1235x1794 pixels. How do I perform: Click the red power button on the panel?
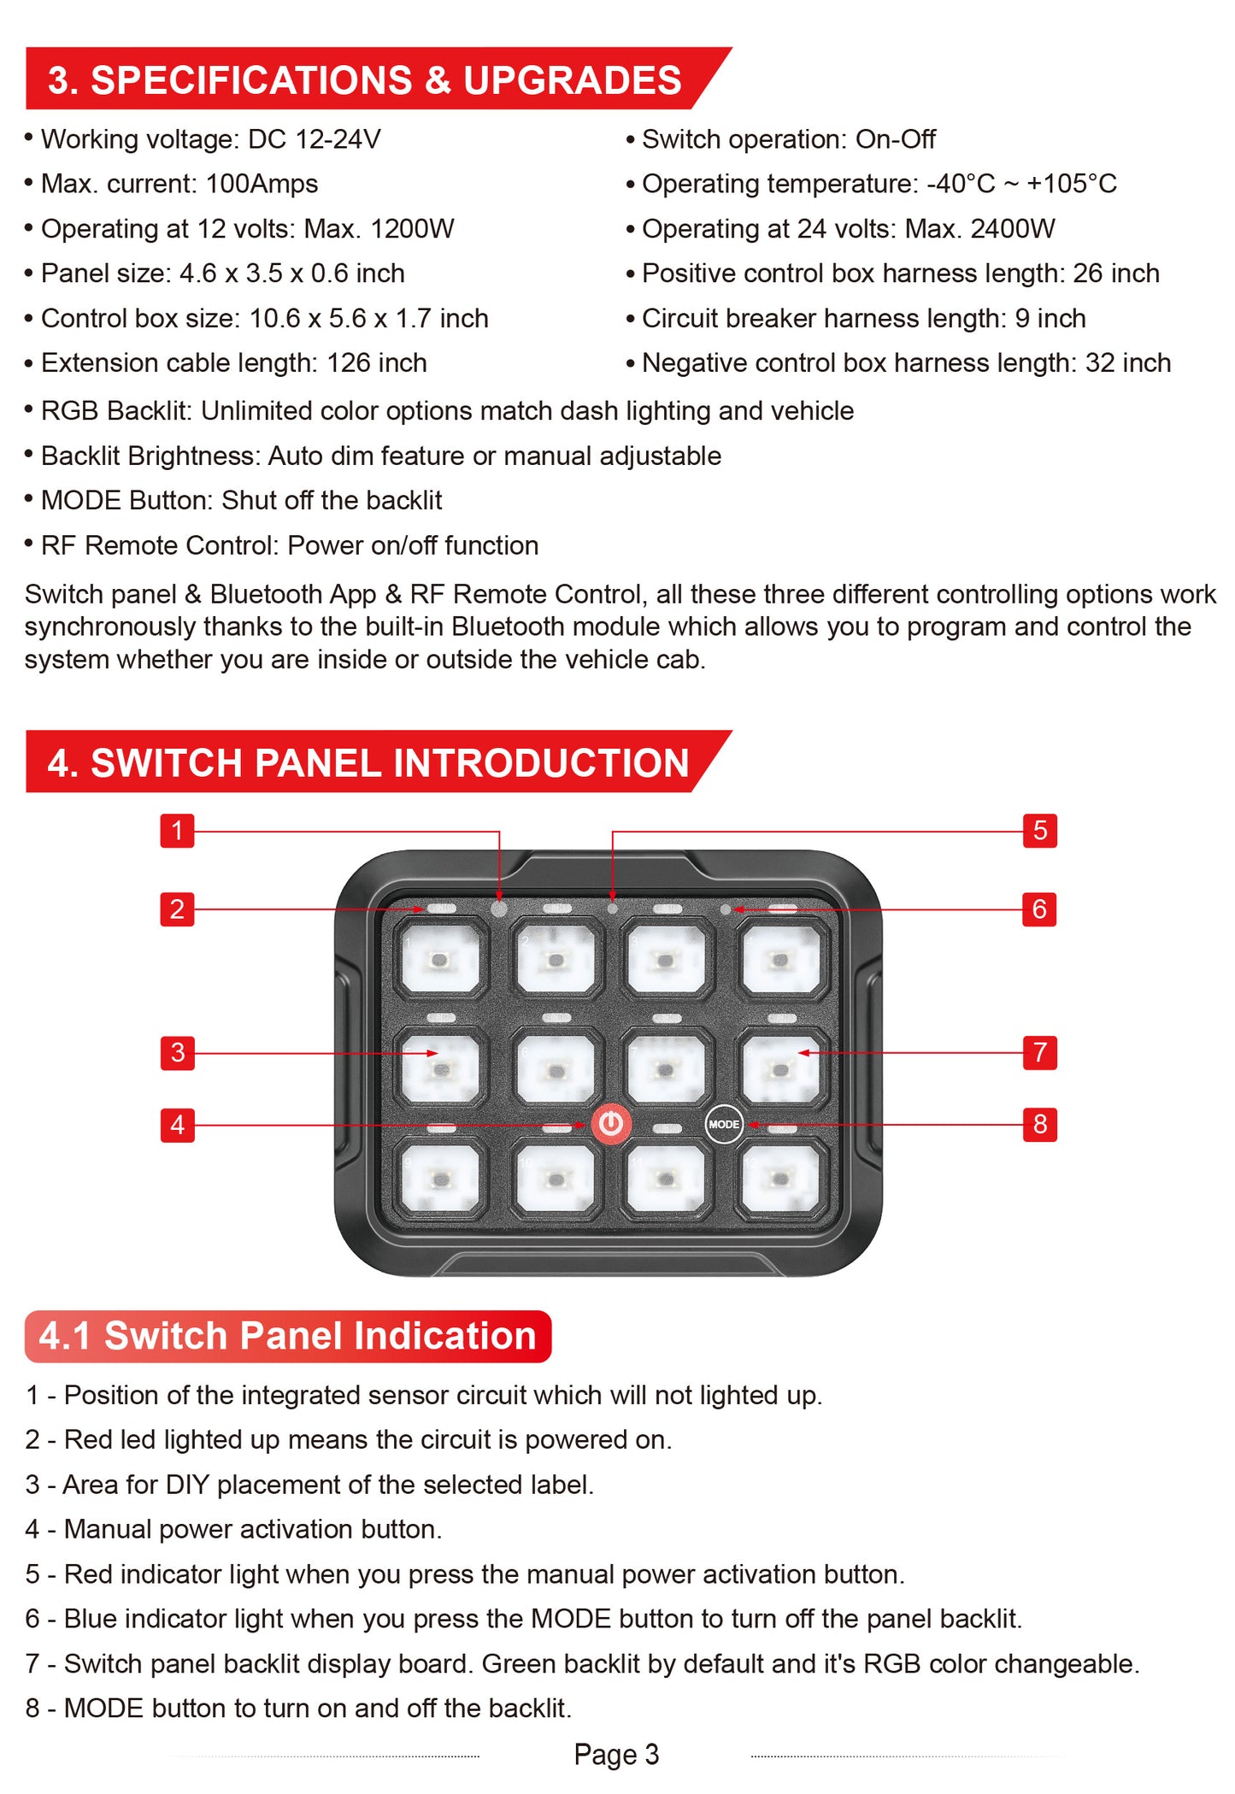click(x=610, y=1124)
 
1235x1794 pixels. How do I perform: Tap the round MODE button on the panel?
click(x=724, y=1124)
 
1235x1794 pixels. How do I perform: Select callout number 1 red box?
click(x=177, y=830)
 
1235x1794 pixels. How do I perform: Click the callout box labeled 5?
click(x=1039, y=830)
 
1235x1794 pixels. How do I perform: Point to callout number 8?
click(x=1039, y=1124)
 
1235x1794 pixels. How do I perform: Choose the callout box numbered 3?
click(x=177, y=1052)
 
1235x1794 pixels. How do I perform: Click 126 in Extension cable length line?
click(x=348, y=363)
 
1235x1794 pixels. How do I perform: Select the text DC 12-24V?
click(x=314, y=139)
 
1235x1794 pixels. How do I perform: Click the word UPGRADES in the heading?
click(x=572, y=80)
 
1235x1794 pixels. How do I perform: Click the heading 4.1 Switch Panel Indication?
click(x=287, y=1336)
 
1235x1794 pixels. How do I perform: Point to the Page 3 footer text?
click(x=616, y=1754)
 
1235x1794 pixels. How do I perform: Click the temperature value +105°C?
click(x=1071, y=184)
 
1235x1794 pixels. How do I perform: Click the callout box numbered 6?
click(x=1039, y=909)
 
